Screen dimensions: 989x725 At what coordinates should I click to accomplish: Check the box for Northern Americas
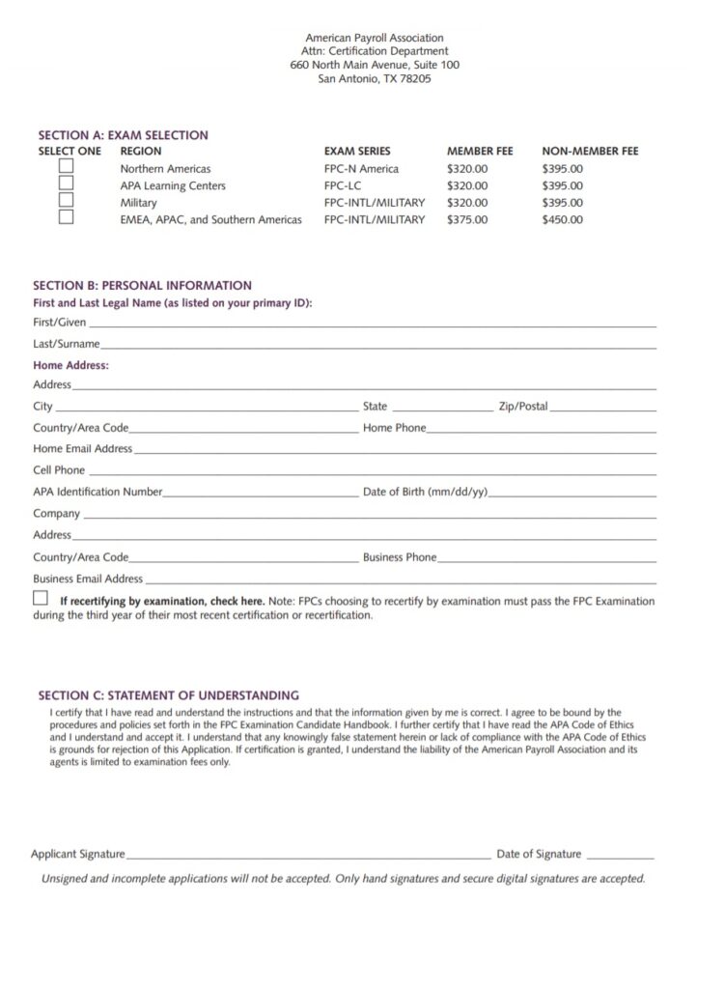(66, 166)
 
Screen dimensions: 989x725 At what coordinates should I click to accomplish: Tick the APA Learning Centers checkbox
(66, 184)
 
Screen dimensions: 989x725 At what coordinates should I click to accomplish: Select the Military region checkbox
(66, 200)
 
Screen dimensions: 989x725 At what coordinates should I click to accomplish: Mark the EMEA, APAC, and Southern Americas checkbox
(66, 217)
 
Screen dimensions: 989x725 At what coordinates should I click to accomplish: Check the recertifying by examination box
(40, 599)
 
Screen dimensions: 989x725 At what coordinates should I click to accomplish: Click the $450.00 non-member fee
(562, 220)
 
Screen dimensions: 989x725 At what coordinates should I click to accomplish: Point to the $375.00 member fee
(467, 220)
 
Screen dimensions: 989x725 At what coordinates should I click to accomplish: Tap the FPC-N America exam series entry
(361, 169)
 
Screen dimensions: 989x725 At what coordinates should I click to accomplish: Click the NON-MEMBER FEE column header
(590, 152)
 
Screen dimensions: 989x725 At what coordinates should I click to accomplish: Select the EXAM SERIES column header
(357, 152)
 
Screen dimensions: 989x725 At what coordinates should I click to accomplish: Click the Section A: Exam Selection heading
(123, 135)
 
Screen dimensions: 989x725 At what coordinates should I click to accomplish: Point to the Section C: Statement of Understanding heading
(168, 694)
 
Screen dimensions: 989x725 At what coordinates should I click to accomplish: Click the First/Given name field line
(373, 325)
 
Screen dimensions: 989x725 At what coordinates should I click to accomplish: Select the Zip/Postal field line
(603, 410)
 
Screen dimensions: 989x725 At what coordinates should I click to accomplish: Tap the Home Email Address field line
(395, 452)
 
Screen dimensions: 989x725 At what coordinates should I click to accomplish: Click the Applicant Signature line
(309, 857)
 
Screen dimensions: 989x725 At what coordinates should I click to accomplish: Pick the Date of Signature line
(620, 857)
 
